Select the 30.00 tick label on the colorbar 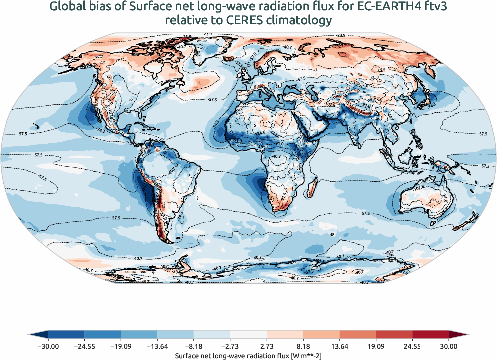449,345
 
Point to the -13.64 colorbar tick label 157,345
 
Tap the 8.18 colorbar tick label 303,345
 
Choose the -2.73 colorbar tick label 230,345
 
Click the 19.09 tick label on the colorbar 376,345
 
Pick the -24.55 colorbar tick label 84,345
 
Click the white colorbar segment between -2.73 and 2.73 248,334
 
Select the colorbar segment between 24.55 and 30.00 430,334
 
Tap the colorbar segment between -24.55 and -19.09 103,334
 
